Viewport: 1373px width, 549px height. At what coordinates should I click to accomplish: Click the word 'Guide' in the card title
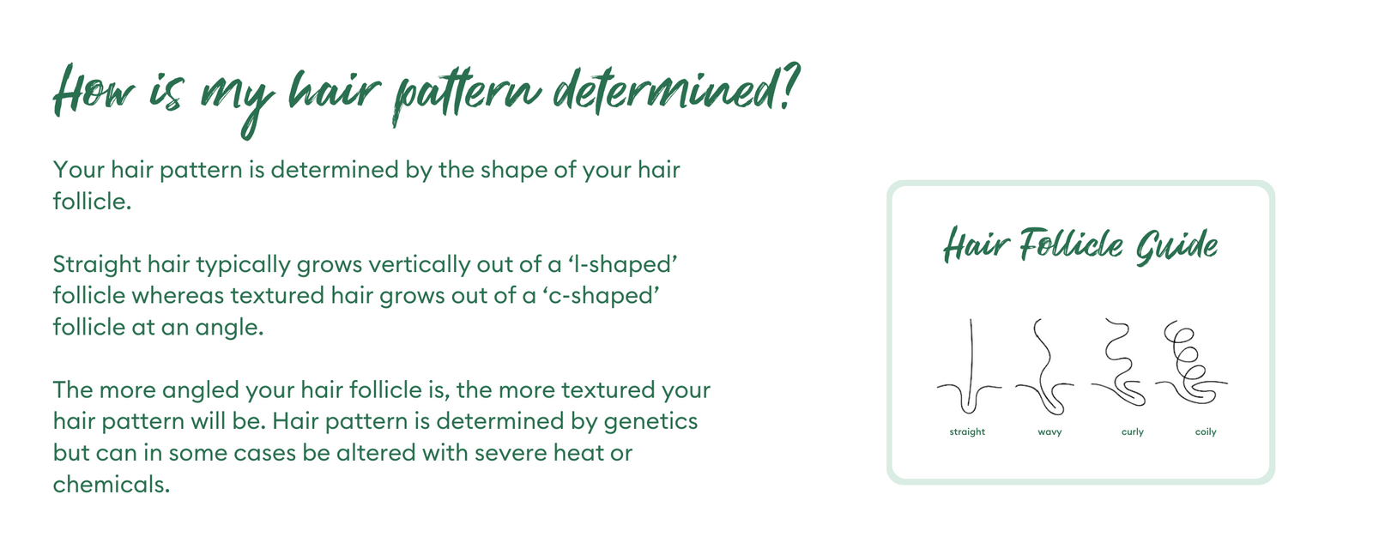pyautogui.click(x=1176, y=247)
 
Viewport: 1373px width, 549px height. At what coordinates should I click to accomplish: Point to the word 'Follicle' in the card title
pyautogui.click(x=1071, y=244)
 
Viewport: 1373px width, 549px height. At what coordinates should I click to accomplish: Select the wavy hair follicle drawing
pyautogui.click(x=1044, y=366)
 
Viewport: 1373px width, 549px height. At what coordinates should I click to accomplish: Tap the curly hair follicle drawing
pyautogui.click(x=1118, y=362)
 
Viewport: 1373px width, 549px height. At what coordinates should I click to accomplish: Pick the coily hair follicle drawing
pyautogui.click(x=1191, y=361)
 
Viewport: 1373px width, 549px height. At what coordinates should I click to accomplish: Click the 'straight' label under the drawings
pyautogui.click(x=967, y=431)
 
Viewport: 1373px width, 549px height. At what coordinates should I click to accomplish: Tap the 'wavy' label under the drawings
pyautogui.click(x=1049, y=432)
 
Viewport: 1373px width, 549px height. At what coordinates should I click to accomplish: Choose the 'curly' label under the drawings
pyautogui.click(x=1132, y=432)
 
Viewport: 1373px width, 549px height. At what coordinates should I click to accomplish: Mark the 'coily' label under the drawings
pyautogui.click(x=1206, y=432)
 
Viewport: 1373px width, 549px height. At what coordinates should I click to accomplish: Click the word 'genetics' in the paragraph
pyautogui.click(x=650, y=421)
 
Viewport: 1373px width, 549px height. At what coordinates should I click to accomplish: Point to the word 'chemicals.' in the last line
pyautogui.click(x=111, y=485)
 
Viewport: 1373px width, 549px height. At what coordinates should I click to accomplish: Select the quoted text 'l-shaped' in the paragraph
pyautogui.click(x=623, y=265)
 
